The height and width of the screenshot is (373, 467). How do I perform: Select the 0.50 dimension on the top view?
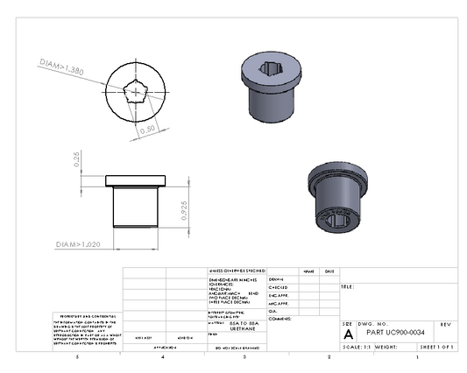click(x=148, y=128)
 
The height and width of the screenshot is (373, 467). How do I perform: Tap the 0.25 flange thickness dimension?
click(x=78, y=158)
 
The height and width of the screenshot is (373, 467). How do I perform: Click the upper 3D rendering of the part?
click(x=273, y=86)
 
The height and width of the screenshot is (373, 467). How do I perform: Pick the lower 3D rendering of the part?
click(x=337, y=198)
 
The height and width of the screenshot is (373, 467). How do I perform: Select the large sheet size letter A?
click(x=348, y=334)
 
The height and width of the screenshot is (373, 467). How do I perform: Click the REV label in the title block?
click(x=446, y=324)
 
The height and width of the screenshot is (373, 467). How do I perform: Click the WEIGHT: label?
click(x=387, y=347)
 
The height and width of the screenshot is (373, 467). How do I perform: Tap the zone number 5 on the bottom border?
click(x=77, y=358)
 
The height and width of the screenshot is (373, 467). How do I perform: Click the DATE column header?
click(x=329, y=271)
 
